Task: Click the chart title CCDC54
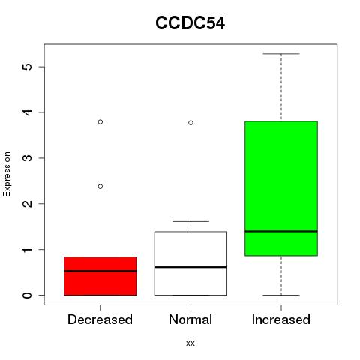pos(190,23)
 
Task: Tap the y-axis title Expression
pos(7,174)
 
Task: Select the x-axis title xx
pos(190,343)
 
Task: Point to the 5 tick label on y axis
pos(28,67)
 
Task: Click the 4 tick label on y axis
pos(28,112)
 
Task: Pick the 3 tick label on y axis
pos(28,158)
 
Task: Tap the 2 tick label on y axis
pos(28,204)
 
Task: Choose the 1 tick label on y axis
pos(28,250)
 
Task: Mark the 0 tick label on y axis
pos(28,295)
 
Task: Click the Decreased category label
pos(100,319)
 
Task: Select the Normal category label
pos(190,319)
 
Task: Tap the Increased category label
pos(281,319)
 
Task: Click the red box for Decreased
pos(100,276)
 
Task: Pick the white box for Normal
pos(190,263)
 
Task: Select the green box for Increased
pos(281,188)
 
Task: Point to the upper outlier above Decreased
pos(100,122)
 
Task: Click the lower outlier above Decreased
pos(100,187)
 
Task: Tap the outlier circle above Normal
pos(190,123)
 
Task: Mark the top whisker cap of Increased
pos(281,54)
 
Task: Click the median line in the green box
pos(281,231)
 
